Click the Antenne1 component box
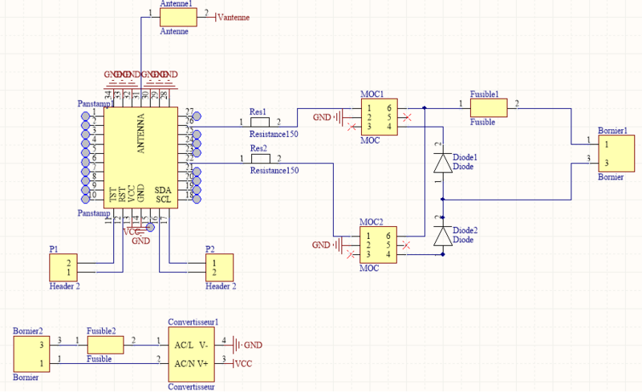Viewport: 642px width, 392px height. (x=176, y=16)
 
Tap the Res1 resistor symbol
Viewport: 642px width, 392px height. (x=260, y=122)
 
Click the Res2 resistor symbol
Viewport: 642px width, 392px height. (x=260, y=160)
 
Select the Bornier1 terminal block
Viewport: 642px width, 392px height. (x=612, y=153)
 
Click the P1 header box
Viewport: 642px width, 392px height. (x=63, y=267)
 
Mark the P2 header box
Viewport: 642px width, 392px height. (x=219, y=267)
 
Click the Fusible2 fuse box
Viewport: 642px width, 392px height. (x=105, y=345)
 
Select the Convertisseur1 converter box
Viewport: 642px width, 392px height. (x=193, y=354)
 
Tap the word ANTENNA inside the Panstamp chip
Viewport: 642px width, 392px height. (x=141, y=133)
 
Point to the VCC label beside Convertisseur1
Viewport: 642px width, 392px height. (x=244, y=364)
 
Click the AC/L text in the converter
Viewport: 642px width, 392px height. (x=184, y=345)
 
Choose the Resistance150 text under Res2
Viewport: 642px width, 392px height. (x=274, y=171)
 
